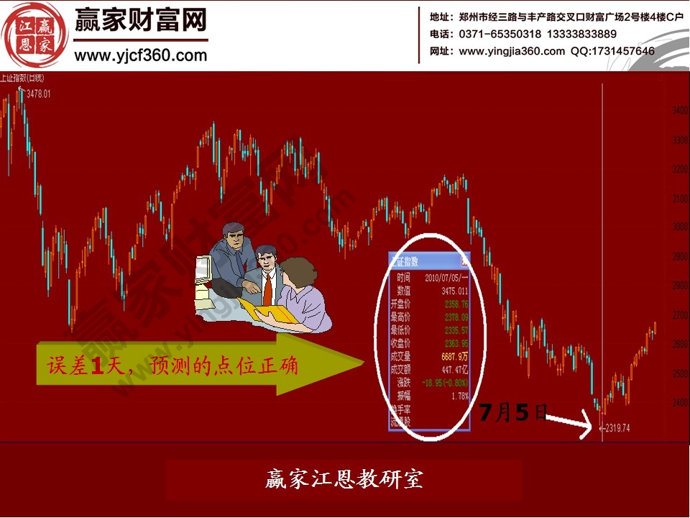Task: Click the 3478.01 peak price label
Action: [x=38, y=94]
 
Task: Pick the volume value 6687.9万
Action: [x=454, y=356]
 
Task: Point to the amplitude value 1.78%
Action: [x=459, y=395]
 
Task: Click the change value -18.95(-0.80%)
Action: [x=446, y=382]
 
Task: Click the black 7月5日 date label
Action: [x=512, y=413]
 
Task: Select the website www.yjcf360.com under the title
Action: [x=141, y=55]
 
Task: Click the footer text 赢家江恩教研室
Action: [x=344, y=479]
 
